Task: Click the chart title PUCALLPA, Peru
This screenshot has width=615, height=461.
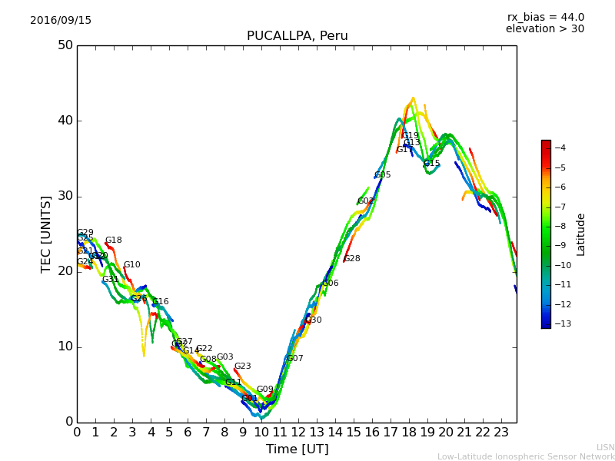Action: coord(297,36)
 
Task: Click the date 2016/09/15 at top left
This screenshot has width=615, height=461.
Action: coord(61,21)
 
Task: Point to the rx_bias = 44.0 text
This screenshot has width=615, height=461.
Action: coord(545,18)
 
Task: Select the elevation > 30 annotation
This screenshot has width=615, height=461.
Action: coord(544,29)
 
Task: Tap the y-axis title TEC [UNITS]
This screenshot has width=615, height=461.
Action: coord(46,234)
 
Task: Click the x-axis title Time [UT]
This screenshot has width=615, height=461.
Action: coord(297,449)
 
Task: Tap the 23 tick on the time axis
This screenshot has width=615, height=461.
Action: coord(501,432)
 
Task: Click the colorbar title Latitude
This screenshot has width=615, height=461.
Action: coord(581,234)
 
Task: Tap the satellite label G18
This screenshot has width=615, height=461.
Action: coord(113,240)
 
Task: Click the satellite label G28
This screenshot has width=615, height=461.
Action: coord(352,259)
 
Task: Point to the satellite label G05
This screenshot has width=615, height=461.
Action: coord(383,175)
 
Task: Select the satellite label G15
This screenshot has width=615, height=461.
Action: coord(432,164)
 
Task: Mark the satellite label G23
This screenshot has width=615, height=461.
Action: coord(242,366)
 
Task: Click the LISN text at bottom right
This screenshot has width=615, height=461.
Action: coord(606,447)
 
